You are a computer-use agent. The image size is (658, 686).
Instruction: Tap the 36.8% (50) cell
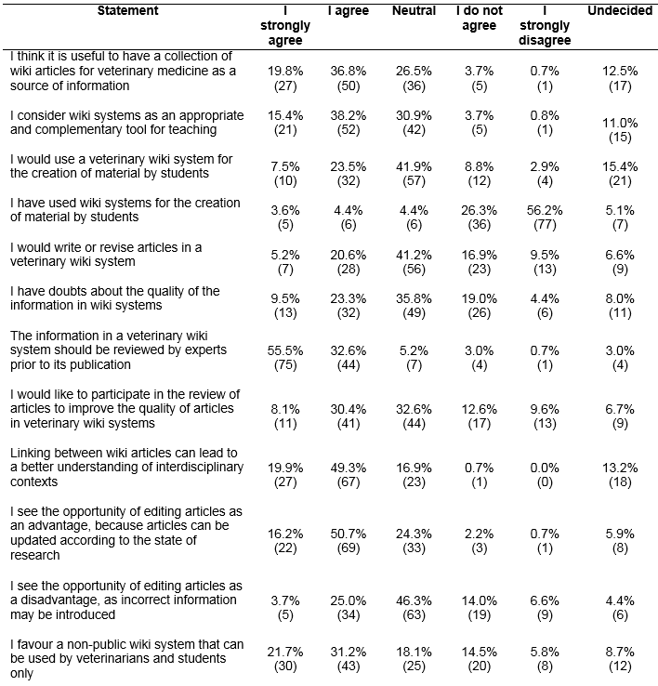(x=348, y=79)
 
